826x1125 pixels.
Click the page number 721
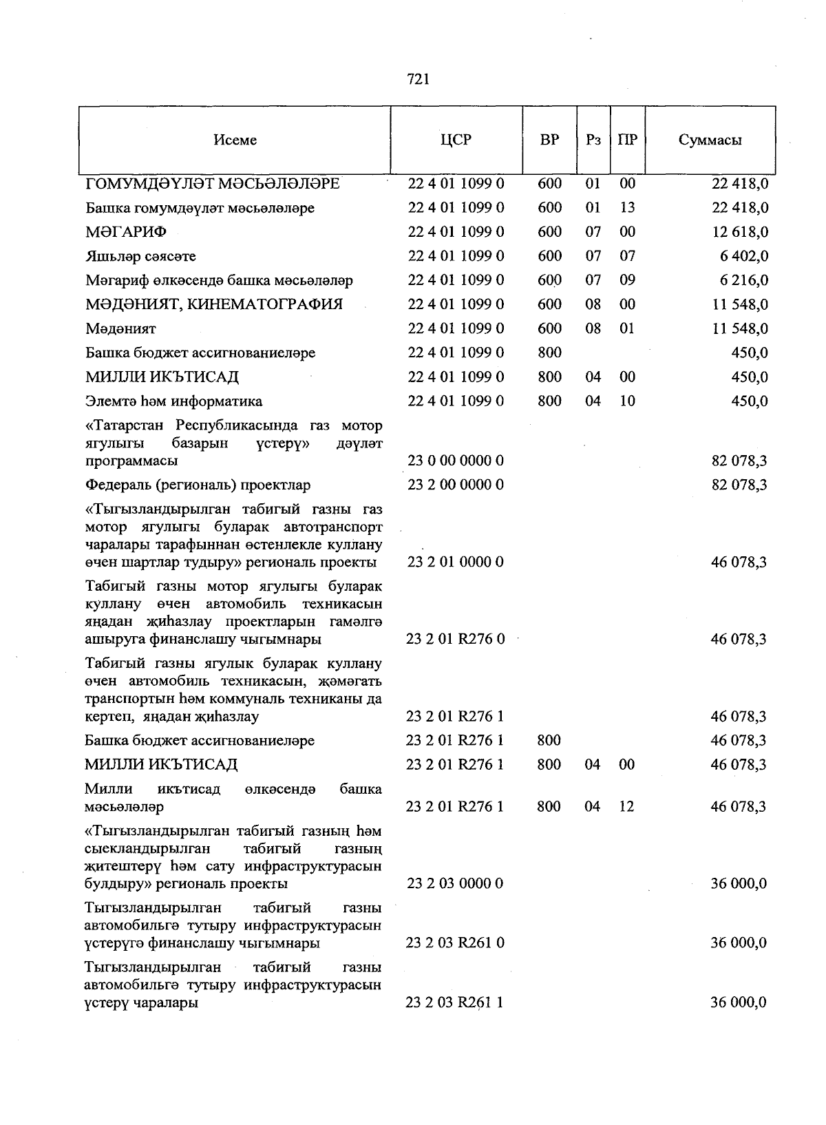(419, 80)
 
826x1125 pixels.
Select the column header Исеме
(235, 140)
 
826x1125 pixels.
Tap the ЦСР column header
(456, 140)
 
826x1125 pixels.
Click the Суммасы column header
(710, 140)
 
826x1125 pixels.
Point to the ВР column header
(549, 140)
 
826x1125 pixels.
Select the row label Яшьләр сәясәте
(140, 257)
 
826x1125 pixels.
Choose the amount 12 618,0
(740, 232)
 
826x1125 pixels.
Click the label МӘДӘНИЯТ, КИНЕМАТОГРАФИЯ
(214, 304)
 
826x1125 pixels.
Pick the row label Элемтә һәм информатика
(173, 401)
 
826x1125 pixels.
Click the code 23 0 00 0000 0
(456, 461)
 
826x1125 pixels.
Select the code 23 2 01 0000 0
(456, 562)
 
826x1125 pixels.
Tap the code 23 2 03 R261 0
(455, 943)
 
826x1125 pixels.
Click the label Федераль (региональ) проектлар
(198, 485)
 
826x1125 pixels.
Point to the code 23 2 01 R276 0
(455, 640)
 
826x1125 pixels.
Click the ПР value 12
(626, 806)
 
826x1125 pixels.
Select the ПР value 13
(627, 208)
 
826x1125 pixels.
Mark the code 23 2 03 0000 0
(455, 884)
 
